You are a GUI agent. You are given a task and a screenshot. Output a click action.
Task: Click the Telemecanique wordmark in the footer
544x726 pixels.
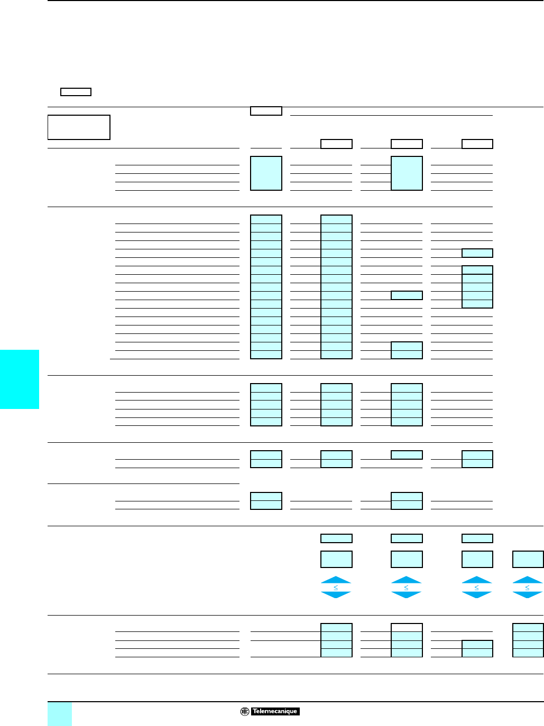click(275, 711)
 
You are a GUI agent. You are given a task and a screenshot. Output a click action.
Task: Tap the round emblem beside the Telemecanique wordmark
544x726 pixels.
click(245, 711)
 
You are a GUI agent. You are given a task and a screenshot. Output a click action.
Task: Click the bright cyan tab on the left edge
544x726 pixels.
click(20, 379)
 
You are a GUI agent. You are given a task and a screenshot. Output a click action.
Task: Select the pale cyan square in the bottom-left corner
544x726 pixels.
click(60, 714)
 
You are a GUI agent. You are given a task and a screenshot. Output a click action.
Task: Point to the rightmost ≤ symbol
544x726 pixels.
click(528, 588)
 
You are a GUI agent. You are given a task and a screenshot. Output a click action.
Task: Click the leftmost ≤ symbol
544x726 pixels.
click(336, 588)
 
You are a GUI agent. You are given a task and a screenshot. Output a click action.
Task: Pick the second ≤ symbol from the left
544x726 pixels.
click(407, 588)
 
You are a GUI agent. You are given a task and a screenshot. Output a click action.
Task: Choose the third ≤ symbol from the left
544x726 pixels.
click(477, 588)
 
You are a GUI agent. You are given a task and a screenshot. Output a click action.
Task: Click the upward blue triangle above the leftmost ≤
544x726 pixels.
click(336, 580)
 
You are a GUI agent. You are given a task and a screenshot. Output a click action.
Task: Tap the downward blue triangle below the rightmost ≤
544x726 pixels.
click(528, 595)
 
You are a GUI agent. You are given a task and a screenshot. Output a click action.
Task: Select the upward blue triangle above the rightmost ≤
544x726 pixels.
click(528, 580)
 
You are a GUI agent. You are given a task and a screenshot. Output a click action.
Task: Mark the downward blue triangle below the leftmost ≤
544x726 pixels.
click(336, 595)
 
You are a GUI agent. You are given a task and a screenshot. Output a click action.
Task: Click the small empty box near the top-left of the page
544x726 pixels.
click(76, 92)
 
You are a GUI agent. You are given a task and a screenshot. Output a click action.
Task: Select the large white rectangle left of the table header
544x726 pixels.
click(79, 127)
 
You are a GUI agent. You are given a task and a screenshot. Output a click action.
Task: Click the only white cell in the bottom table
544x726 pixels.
click(407, 628)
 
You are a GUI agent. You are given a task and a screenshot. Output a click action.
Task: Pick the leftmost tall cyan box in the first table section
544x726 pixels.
click(266, 173)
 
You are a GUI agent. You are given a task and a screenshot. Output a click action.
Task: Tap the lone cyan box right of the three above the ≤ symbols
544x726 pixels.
click(528, 559)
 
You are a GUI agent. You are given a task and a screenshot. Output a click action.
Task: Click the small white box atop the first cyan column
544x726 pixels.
click(266, 111)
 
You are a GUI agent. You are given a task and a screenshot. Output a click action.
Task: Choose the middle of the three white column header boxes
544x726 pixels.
click(407, 144)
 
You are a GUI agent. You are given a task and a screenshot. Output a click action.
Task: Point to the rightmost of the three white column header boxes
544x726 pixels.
click(477, 144)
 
